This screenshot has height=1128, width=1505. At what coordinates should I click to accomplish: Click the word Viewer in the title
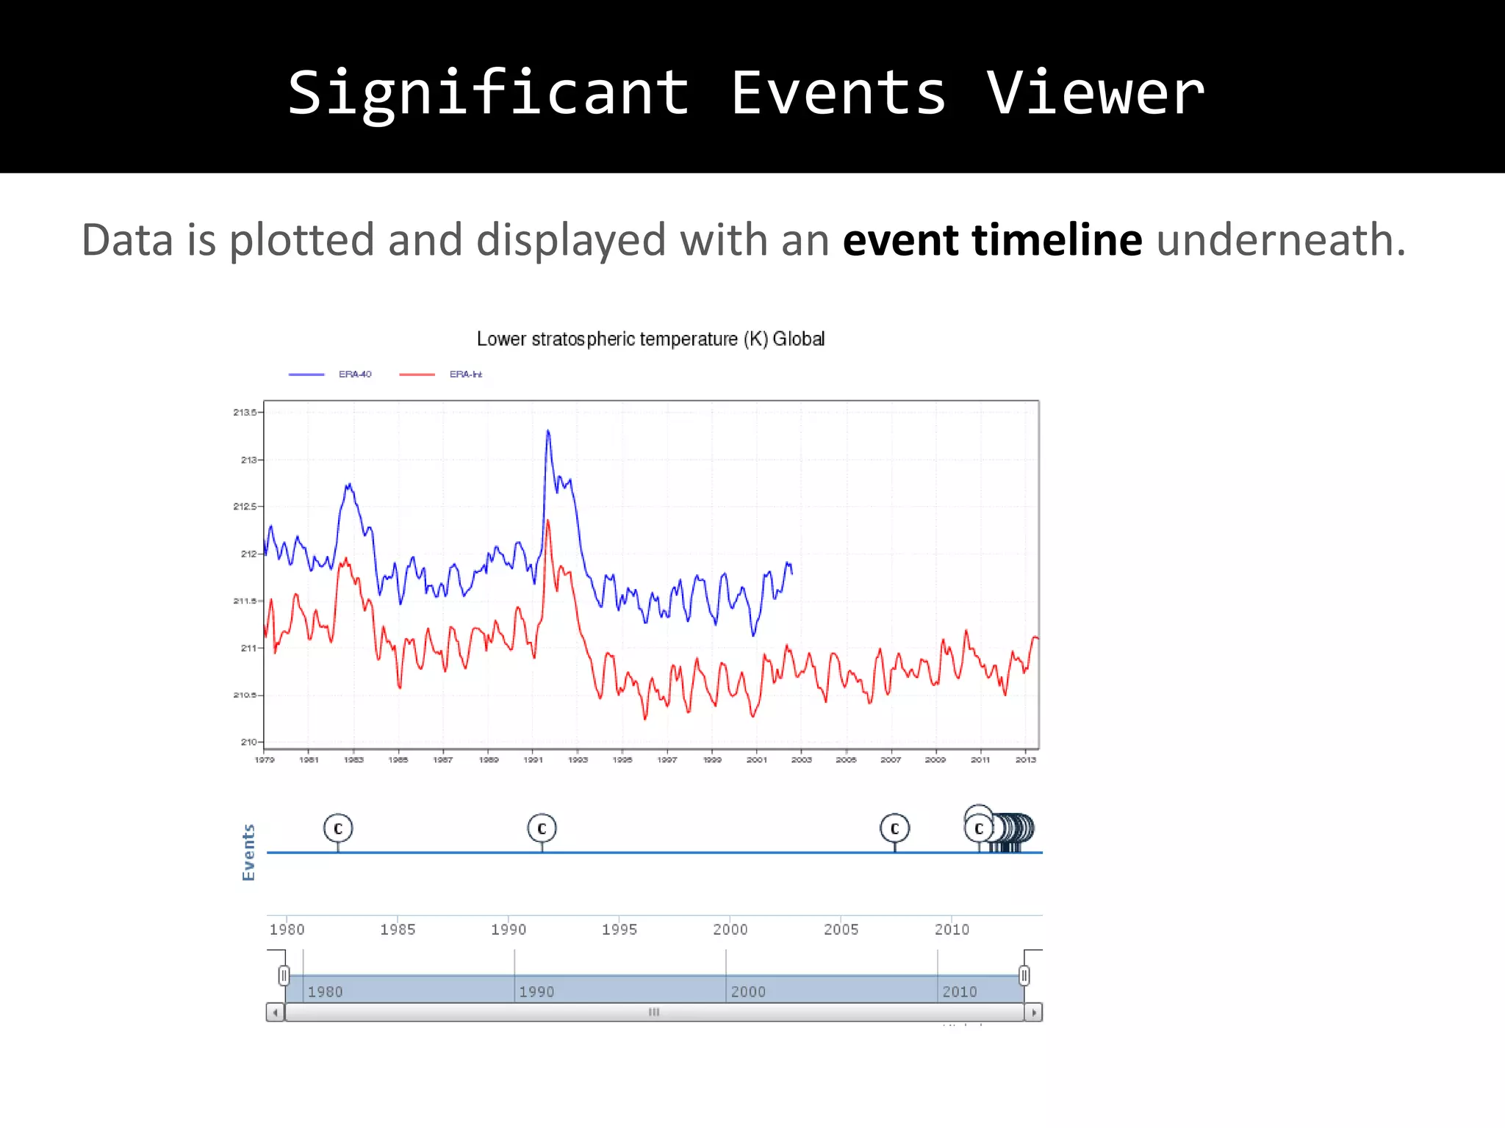[1095, 94]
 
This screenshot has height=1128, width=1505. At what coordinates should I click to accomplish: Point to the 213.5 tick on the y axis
[245, 413]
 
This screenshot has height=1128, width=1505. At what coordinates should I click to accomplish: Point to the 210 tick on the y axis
[248, 742]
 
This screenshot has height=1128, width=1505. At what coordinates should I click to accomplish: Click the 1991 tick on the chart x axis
[533, 760]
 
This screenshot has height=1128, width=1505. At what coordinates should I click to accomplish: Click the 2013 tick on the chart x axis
[1025, 760]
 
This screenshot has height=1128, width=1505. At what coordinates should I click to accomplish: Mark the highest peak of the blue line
[547, 432]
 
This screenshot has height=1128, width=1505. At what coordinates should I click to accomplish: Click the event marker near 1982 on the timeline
[338, 828]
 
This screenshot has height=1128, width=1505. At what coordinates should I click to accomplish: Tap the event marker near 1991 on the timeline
[542, 828]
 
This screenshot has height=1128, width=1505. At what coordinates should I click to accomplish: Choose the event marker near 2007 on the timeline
[894, 828]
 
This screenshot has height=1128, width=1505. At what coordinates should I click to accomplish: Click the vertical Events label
[249, 853]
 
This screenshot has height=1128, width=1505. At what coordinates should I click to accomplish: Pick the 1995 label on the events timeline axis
[619, 930]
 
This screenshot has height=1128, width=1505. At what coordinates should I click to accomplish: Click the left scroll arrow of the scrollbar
[275, 1013]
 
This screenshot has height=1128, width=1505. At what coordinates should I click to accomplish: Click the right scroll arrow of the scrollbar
[1034, 1013]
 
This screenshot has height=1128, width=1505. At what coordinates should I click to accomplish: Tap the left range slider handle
[284, 975]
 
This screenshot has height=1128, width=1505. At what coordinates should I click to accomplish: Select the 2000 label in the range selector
[748, 992]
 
